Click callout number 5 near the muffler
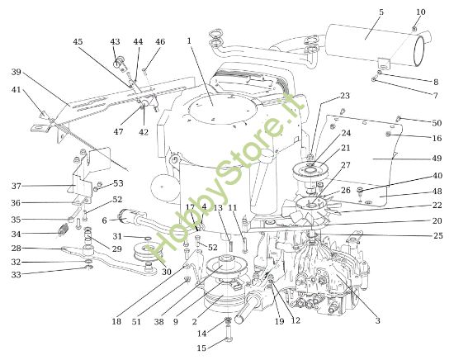(x=381, y=12)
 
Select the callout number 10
(x=421, y=12)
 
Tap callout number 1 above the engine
(x=189, y=40)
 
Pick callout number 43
(x=115, y=41)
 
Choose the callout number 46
(x=160, y=41)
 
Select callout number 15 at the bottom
(x=201, y=348)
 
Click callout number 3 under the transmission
(x=377, y=320)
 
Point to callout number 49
(x=437, y=158)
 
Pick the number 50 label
(x=437, y=122)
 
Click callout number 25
(x=437, y=235)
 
